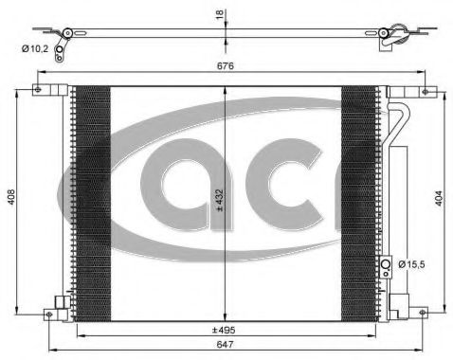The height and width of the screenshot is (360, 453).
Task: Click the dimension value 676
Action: [226, 68]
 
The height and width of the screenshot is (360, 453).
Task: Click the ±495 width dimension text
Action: [224, 329]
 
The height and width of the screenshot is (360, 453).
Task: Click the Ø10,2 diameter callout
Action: [38, 50]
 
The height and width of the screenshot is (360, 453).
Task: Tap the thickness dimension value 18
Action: [220, 14]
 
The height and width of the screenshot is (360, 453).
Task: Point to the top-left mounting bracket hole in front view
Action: [39, 91]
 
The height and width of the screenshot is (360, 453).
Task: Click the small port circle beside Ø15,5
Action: [386, 264]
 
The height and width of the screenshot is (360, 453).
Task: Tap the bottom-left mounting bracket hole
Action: [59, 304]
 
